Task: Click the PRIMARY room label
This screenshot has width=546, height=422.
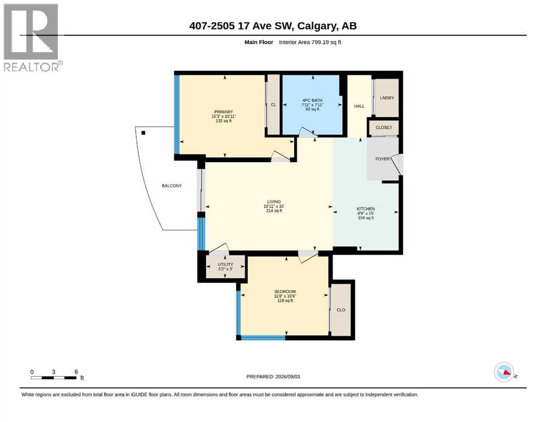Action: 223,112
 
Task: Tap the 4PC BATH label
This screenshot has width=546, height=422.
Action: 312,100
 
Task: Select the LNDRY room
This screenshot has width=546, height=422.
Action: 387,98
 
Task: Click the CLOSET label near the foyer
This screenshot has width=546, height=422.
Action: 383,127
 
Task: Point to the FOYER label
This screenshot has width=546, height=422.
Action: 382,159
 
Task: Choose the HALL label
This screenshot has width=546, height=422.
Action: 360,106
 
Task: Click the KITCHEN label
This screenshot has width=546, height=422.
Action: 366,209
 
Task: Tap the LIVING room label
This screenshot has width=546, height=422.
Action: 274,202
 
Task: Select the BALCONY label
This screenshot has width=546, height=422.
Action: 172,186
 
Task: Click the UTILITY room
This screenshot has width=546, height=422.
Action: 225,267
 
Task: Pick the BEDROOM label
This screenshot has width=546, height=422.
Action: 285,292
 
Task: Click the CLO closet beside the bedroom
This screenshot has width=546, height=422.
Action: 340,309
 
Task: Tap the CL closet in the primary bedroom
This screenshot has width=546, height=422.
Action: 273,104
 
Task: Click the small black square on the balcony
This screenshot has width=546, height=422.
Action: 143,133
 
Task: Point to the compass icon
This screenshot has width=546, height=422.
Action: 504,372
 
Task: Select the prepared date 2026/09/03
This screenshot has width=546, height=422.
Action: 288,376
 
